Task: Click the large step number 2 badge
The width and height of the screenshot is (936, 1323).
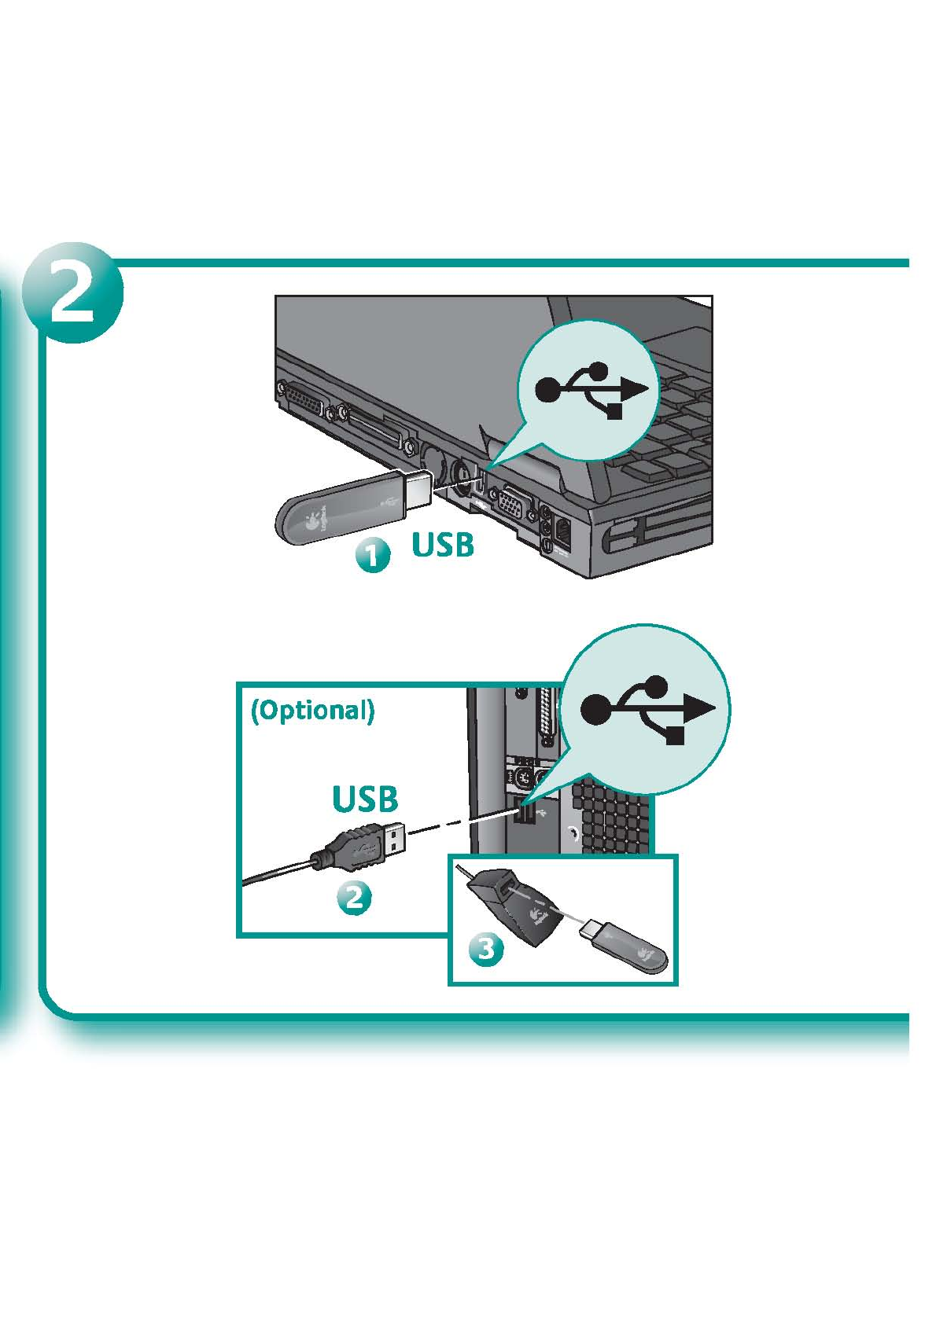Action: click(x=72, y=292)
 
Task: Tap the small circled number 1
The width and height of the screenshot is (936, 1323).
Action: click(x=372, y=554)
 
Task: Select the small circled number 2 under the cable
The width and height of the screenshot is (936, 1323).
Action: click(x=354, y=897)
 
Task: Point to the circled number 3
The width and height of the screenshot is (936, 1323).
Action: click(x=486, y=949)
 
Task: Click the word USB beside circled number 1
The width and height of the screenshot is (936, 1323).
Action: click(x=443, y=544)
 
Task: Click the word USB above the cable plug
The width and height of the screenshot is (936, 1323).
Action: click(x=365, y=799)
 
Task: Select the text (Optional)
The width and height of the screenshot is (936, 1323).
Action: click(x=312, y=710)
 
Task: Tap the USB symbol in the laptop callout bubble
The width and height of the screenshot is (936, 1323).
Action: click(x=591, y=390)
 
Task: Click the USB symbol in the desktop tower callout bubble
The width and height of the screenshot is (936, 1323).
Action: click(x=647, y=708)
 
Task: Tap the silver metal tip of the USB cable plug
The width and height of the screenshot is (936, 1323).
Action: click(x=394, y=840)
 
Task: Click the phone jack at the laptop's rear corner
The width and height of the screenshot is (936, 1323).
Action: click(x=565, y=531)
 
